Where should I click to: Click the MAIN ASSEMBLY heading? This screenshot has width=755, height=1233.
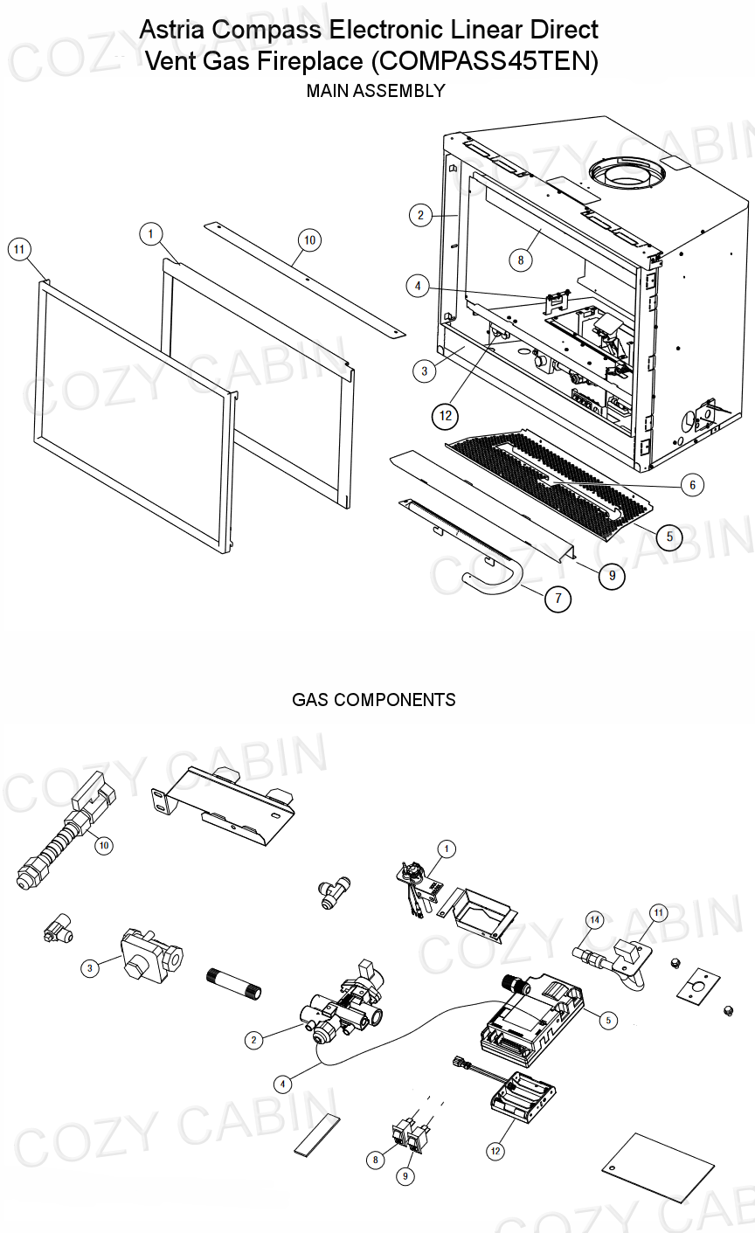click(x=376, y=91)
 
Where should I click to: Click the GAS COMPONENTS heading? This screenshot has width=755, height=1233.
click(x=373, y=700)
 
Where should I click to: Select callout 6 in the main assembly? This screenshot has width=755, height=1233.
click(x=691, y=484)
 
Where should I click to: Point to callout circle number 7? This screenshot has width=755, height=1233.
click(x=558, y=599)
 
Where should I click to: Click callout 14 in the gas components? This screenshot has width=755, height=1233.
click(x=594, y=919)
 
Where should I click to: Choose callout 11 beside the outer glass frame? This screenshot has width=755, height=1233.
click(x=18, y=250)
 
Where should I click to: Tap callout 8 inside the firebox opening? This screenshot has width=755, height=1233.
click(x=520, y=260)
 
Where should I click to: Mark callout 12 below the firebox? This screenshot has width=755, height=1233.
click(x=447, y=416)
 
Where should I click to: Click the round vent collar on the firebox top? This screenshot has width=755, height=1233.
click(x=625, y=171)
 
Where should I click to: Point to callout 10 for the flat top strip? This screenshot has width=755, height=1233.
click(x=309, y=240)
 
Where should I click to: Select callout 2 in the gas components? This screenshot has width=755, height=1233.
click(x=253, y=1040)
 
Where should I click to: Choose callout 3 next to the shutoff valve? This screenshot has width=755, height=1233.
click(x=89, y=968)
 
